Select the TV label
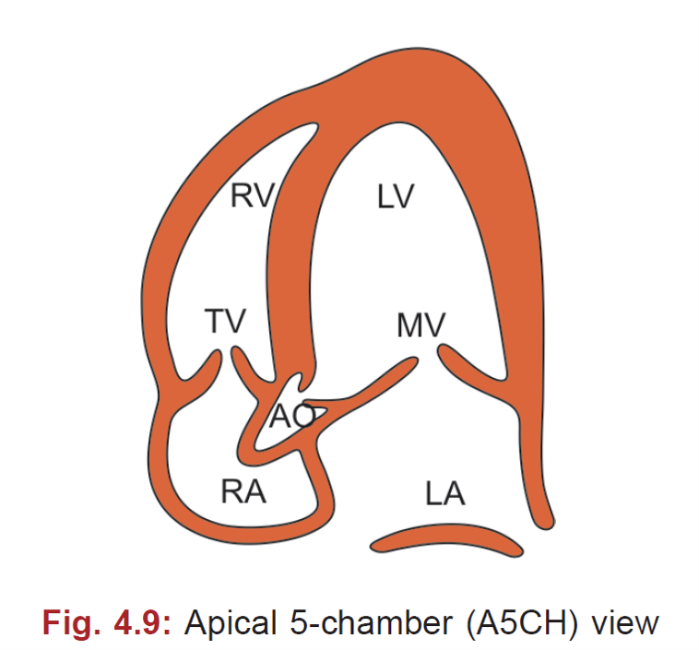click(x=225, y=322)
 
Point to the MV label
click(x=421, y=325)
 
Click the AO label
click(x=291, y=418)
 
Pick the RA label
click(x=243, y=491)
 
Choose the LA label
click(x=445, y=494)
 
